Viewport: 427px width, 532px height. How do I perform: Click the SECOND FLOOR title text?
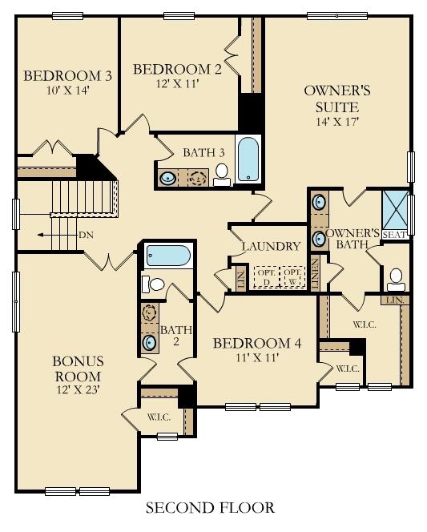210,507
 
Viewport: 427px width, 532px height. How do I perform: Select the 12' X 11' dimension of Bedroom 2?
176,83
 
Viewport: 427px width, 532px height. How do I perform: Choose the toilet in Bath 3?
221,174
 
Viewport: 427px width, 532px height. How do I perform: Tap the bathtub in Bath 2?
168,256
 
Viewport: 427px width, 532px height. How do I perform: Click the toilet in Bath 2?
154,284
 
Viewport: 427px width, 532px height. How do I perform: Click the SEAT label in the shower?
394,235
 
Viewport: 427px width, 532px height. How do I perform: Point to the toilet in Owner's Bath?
395,278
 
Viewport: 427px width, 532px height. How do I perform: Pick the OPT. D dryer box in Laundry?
265,276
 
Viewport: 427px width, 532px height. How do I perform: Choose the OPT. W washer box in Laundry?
293,276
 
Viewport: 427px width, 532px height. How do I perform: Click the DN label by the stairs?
87,235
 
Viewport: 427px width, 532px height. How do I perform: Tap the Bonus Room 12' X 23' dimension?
77,390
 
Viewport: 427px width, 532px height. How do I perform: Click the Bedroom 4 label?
256,344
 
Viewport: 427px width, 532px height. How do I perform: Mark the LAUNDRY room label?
271,246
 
